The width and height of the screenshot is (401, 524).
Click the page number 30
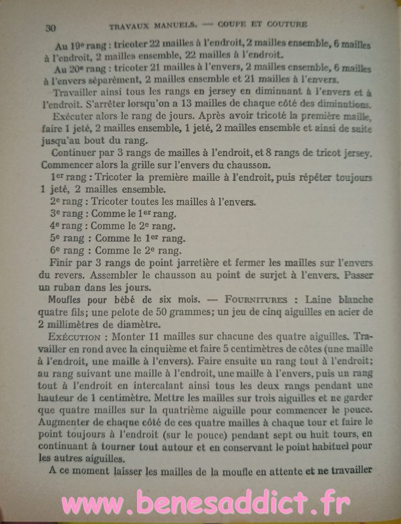pyautogui.click(x=51, y=28)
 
